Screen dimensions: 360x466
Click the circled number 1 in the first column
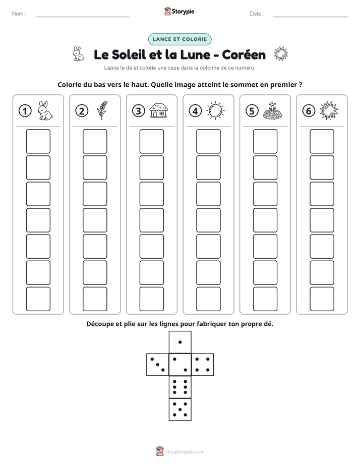point(25,111)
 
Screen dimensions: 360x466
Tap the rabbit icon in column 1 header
point(45,110)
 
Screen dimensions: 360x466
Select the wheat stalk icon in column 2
point(102,110)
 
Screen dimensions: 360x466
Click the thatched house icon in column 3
point(159,110)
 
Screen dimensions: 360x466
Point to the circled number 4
point(195,111)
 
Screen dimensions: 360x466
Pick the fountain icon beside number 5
point(272,111)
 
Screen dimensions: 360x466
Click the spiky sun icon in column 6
point(329,110)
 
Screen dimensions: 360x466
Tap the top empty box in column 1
point(38,141)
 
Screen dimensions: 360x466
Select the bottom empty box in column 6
point(322,299)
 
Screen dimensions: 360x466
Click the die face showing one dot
point(180,342)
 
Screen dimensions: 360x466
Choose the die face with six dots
point(180,387)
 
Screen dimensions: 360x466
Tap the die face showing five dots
point(180,410)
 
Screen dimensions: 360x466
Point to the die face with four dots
point(203,365)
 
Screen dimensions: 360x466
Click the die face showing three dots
point(158,365)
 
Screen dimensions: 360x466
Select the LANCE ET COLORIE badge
point(179,39)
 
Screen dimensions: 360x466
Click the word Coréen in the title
point(244,54)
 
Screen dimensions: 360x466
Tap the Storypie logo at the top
point(179,11)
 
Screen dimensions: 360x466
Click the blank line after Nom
point(83,17)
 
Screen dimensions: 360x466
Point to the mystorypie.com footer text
point(185,452)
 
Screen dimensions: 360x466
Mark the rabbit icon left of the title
point(79,54)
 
